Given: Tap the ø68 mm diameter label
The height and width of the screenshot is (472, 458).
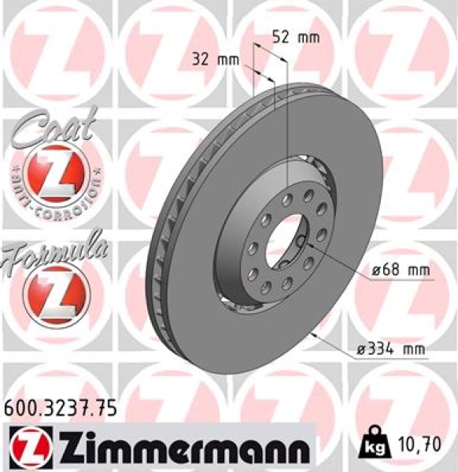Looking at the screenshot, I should (x=401, y=271).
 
